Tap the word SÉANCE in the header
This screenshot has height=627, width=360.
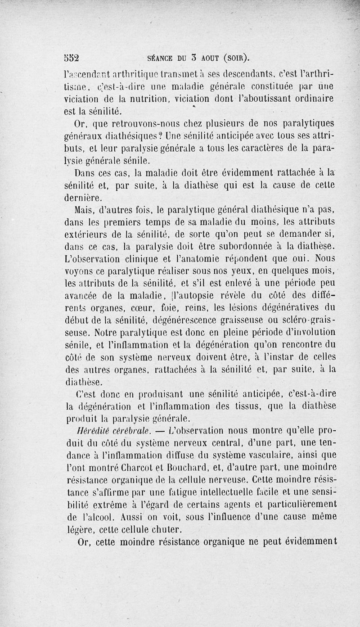tap(160, 58)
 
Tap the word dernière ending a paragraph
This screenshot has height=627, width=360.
tap(84, 197)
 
